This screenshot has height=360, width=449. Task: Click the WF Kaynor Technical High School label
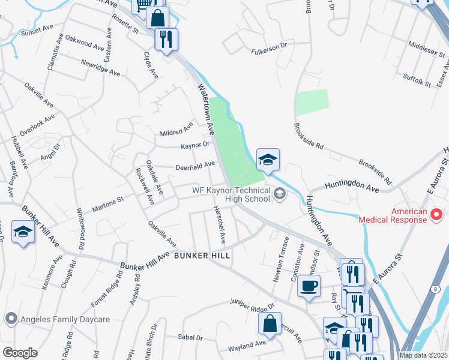231,195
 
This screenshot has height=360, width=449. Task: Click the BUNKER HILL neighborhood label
202,255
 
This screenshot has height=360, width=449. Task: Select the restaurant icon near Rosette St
165,40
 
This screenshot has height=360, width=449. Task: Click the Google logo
20,353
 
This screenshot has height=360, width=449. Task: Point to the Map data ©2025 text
423,355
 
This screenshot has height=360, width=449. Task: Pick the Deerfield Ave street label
194,165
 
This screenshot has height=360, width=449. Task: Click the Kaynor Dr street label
194,145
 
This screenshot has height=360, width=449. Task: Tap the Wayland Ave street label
247,344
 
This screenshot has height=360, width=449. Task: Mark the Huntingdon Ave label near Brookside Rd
352,188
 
